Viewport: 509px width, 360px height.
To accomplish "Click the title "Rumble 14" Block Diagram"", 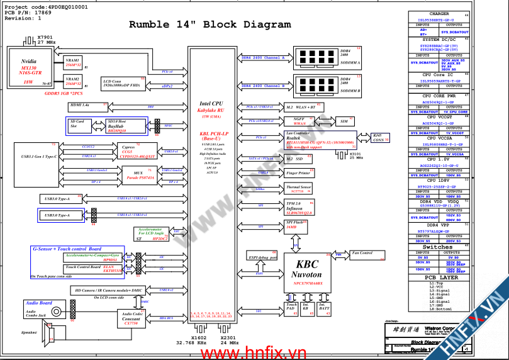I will (201, 25).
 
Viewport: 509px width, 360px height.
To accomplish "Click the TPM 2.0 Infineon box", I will (299, 208).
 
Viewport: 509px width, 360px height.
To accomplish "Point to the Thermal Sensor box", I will (299, 189).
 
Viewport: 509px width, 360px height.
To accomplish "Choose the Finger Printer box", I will (298, 172).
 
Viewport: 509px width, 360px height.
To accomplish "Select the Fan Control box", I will (362, 253).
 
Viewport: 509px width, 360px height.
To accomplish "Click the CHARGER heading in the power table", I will (439, 13).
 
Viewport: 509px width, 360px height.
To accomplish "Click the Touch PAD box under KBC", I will (291, 307).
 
